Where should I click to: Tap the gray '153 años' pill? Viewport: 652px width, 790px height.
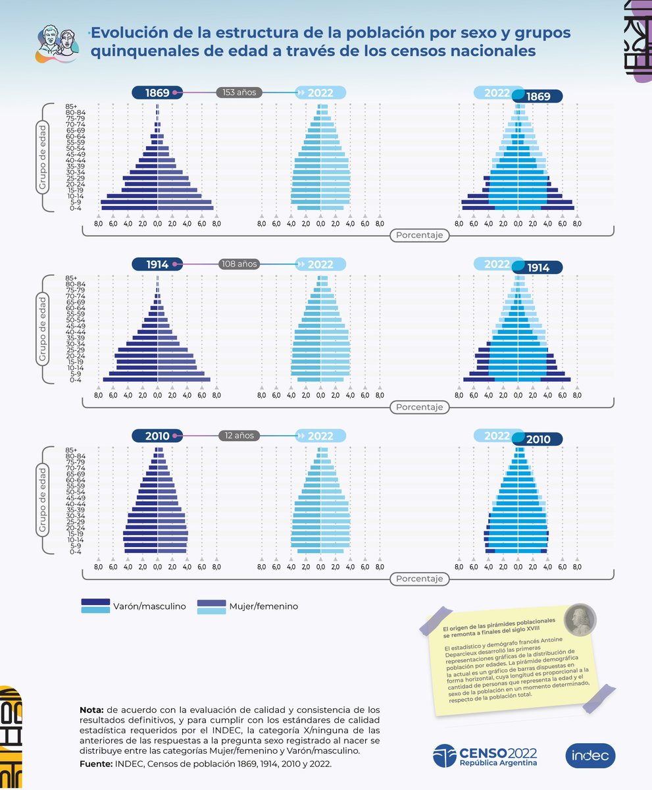tap(239, 93)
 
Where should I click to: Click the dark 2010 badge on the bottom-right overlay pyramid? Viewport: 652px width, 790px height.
tap(538, 439)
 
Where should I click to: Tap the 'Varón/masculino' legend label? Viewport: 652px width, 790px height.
tap(149, 606)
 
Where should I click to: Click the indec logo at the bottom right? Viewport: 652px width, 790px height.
tap(590, 756)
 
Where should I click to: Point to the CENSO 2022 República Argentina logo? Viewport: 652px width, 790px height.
tap(485, 756)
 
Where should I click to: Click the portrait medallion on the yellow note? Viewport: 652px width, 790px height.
tap(580, 618)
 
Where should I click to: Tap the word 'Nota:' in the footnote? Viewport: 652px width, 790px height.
tap(91, 710)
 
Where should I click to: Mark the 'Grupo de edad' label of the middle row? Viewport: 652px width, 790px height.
tap(41, 329)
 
